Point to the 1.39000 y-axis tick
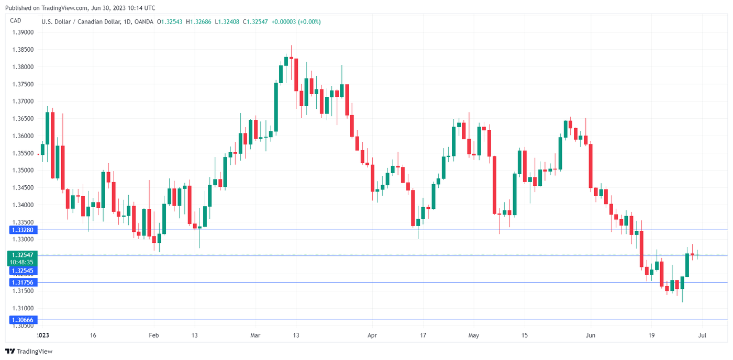coord(23,32)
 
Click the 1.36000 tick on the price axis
coord(23,136)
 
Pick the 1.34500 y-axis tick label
coord(23,188)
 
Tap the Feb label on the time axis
coord(153,335)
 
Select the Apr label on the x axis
coord(372,335)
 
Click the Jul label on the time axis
coord(703,335)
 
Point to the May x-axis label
coord(474,335)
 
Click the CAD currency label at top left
coord(15,21)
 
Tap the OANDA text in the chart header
coord(143,22)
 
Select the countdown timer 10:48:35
coord(21,262)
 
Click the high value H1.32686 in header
coord(199,22)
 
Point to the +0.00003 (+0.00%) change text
coord(296,22)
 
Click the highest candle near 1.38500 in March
coord(291,52)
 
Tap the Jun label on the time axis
coord(591,335)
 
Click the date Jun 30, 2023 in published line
coord(109,8)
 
